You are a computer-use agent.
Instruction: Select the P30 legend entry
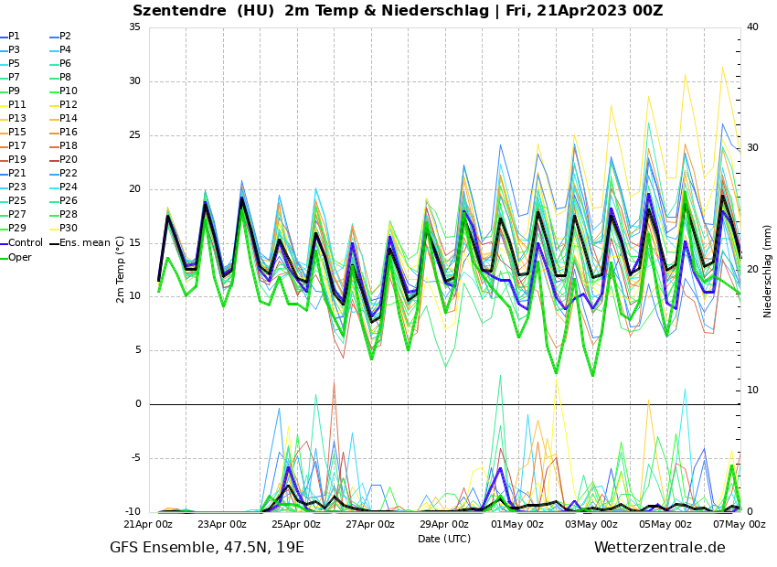coord(69,229)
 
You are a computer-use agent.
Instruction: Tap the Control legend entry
coord(26,243)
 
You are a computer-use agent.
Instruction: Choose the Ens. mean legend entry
coord(85,243)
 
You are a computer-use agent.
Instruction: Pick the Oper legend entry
coord(20,257)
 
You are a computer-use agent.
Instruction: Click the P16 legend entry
coord(69,133)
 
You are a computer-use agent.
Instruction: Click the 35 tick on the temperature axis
coord(134,27)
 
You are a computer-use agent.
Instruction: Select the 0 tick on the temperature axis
coord(137,404)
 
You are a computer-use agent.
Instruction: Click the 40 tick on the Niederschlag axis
coord(752,27)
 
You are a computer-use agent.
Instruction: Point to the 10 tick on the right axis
coord(752,390)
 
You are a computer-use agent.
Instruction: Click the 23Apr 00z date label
coord(222,524)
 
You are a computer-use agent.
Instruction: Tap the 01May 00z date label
coord(517,524)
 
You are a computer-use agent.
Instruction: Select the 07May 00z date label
coord(739,524)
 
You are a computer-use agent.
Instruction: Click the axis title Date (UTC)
coord(443,539)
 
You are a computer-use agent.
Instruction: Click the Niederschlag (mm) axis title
coord(768,270)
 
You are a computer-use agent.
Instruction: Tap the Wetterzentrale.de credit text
coord(659,548)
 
